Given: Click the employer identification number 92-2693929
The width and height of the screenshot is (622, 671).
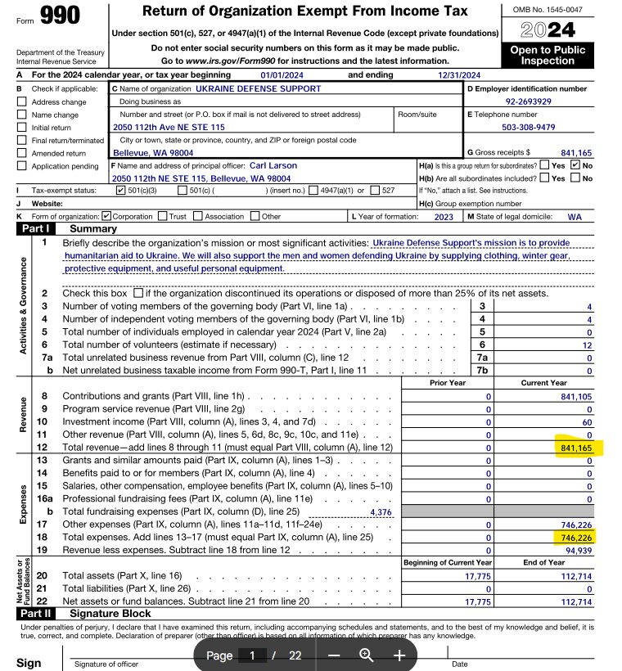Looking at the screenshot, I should tap(528, 101).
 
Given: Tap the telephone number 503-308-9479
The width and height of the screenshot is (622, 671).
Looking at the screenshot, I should tap(528, 127).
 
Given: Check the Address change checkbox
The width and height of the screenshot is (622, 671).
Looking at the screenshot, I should tap(21, 102).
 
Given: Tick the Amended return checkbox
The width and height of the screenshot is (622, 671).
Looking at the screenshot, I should tap(21, 153).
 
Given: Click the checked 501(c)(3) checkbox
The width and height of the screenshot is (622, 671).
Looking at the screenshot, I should tap(121, 191).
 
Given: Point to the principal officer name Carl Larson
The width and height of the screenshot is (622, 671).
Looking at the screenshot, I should tap(270, 165).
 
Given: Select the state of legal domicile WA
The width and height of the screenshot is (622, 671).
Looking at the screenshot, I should tap(575, 217).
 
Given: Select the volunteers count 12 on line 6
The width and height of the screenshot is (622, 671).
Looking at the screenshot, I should tap(587, 345).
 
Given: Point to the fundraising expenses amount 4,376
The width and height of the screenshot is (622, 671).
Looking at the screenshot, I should tap(381, 511).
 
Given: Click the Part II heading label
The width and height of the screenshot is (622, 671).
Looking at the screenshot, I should tap(35, 613).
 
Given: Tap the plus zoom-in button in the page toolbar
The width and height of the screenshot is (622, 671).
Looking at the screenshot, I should tap(399, 655).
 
